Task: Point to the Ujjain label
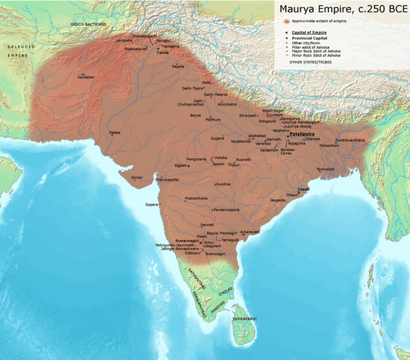pyautogui.click(x=180, y=165)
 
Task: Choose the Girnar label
pyautogui.click(x=138, y=177)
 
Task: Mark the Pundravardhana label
pyautogui.click(x=349, y=139)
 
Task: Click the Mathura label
pyautogui.click(x=213, y=119)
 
